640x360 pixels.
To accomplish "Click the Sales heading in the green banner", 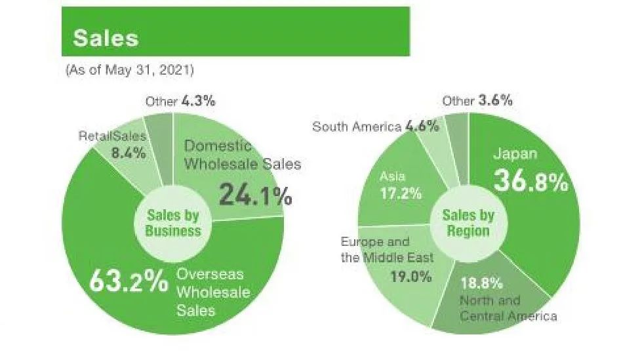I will pyautogui.click(x=106, y=37).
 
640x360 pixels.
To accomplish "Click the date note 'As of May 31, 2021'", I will pyautogui.click(x=130, y=70).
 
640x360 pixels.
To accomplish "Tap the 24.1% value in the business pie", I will pyautogui.click(x=255, y=194).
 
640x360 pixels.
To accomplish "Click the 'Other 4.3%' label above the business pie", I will pyautogui.click(x=181, y=102).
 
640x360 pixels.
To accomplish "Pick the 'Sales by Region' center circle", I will pyautogui.click(x=468, y=223).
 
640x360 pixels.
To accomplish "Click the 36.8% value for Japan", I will pyautogui.click(x=530, y=182).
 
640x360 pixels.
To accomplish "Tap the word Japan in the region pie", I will pyautogui.click(x=515, y=154).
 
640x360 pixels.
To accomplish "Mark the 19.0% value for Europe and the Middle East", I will pyautogui.click(x=412, y=276).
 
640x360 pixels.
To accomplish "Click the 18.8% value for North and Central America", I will pyautogui.click(x=481, y=283).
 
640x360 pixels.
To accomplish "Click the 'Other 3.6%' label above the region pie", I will pyautogui.click(x=477, y=101).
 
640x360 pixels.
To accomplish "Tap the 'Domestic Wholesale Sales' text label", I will pyautogui.click(x=242, y=155).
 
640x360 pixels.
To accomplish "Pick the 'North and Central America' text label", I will pyautogui.click(x=508, y=309).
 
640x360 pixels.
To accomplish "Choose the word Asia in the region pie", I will pyautogui.click(x=392, y=176).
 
